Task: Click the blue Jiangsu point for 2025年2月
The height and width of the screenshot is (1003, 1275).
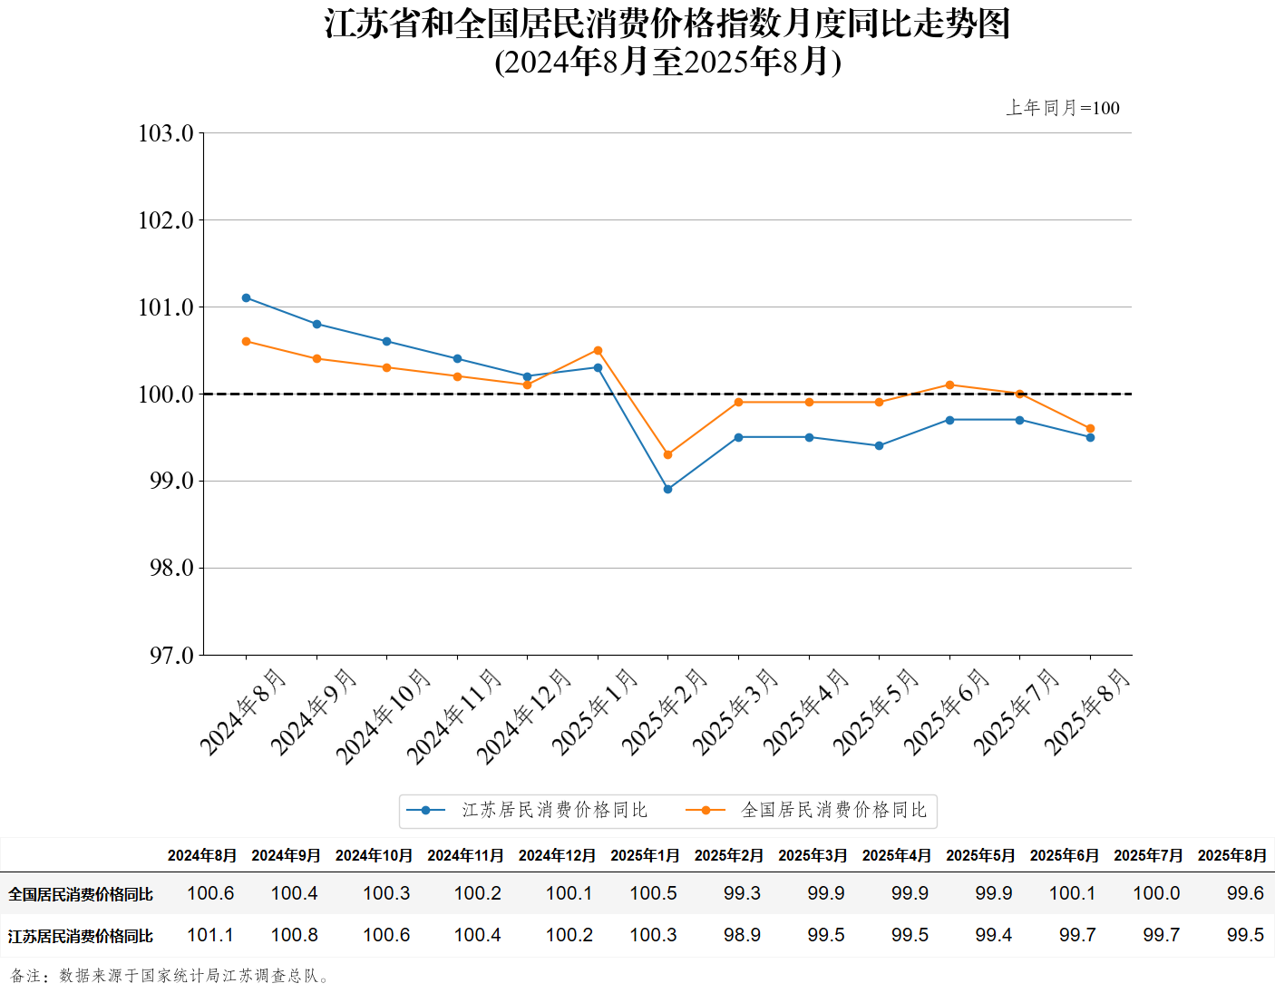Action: pyautogui.click(x=668, y=489)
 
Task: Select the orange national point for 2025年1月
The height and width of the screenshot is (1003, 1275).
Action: pyautogui.click(x=598, y=350)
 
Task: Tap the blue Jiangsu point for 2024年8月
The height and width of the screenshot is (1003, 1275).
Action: pyautogui.click(x=247, y=297)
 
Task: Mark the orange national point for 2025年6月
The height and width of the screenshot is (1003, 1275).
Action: pyautogui.click(x=949, y=385)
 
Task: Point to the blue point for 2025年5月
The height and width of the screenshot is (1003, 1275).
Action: pyautogui.click(x=879, y=445)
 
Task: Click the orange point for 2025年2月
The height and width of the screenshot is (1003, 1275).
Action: pyautogui.click(x=668, y=454)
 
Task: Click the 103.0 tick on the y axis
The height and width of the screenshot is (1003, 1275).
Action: pyautogui.click(x=166, y=133)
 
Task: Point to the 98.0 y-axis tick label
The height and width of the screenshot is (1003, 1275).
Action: pyautogui.click(x=171, y=568)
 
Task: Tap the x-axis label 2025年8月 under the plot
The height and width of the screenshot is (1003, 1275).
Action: pyautogui.click(x=1086, y=711)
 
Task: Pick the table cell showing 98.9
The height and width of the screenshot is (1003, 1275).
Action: pyautogui.click(x=742, y=935)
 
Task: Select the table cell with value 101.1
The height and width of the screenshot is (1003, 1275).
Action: pyautogui.click(x=210, y=935)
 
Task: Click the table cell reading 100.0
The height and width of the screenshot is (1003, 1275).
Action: pyautogui.click(x=1156, y=893)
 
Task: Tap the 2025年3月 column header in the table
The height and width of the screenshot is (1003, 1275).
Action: pyautogui.click(x=813, y=855)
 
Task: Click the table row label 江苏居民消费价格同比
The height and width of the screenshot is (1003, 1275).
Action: pyautogui.click(x=81, y=936)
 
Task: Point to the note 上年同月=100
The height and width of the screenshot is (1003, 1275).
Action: pyautogui.click(x=1063, y=108)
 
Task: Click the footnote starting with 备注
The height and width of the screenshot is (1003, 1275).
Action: pyautogui.click(x=171, y=976)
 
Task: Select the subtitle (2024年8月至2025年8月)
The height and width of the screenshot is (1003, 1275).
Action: pyautogui.click(x=668, y=62)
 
